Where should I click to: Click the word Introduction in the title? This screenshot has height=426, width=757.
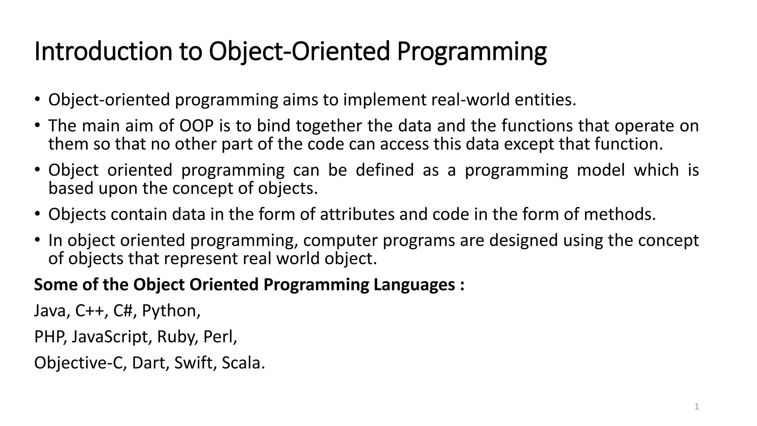pyautogui.click(x=103, y=51)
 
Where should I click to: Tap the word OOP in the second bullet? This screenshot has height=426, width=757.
pyautogui.click(x=197, y=126)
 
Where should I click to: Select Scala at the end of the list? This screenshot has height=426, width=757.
pyautogui.click(x=243, y=363)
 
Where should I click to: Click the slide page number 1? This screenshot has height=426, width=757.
pyautogui.click(x=697, y=407)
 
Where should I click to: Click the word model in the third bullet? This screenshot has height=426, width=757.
pyautogui.click(x=601, y=170)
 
